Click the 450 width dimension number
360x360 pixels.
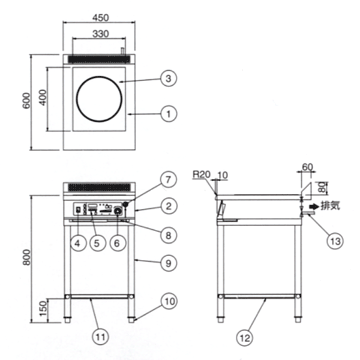[101, 17]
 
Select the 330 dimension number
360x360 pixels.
[100, 34]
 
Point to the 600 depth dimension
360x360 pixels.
[26, 101]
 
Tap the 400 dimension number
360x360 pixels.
[43, 98]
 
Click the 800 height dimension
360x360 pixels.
[26, 257]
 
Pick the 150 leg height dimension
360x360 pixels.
[43, 308]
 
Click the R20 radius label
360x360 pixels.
[202, 175]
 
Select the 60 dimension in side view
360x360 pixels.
[307, 167]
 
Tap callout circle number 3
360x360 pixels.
[169, 78]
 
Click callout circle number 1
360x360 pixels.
[169, 114]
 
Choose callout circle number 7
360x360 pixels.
[169, 179]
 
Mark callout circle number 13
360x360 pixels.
[335, 241]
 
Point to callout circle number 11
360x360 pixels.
[100, 337]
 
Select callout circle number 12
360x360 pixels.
[245, 338]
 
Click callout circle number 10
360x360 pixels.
[169, 301]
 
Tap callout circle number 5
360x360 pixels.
[97, 243]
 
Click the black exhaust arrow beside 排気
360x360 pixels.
[314, 206]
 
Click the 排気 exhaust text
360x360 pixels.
[330, 206]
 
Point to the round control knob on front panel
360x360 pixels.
[118, 211]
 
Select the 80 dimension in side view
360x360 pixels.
[322, 187]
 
